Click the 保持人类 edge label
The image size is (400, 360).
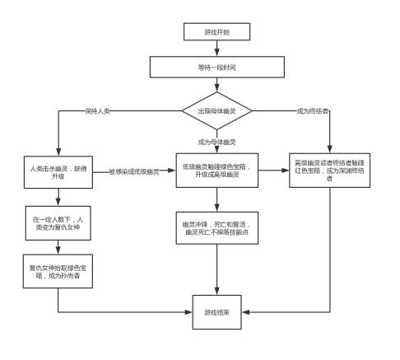[x=97, y=110]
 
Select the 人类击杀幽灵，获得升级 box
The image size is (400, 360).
[x=58, y=173]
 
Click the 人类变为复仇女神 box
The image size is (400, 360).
[x=58, y=223]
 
